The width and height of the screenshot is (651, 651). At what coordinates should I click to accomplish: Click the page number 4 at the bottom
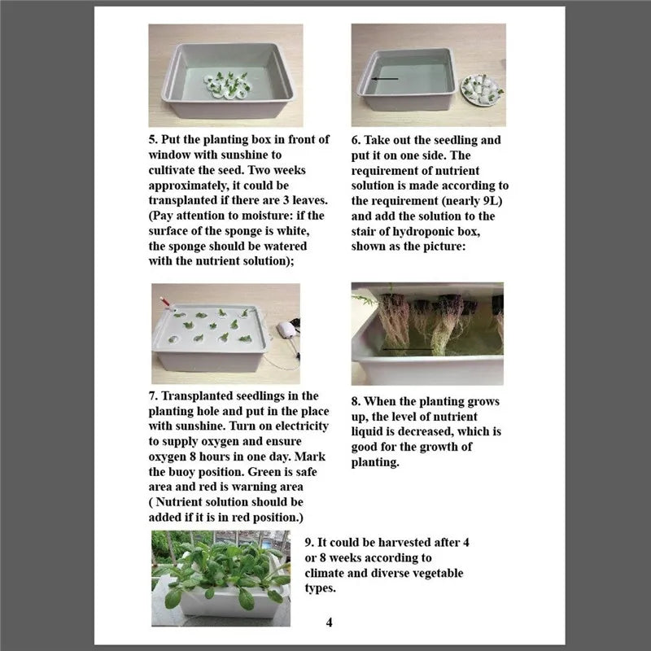[x=329, y=623]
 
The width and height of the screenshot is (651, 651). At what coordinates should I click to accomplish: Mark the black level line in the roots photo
[x=410, y=351]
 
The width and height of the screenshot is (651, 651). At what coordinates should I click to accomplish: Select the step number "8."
[x=356, y=401]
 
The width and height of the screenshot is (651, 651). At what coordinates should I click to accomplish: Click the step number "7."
[x=154, y=395]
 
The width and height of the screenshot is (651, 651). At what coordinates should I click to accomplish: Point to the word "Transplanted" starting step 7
[x=195, y=395]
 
